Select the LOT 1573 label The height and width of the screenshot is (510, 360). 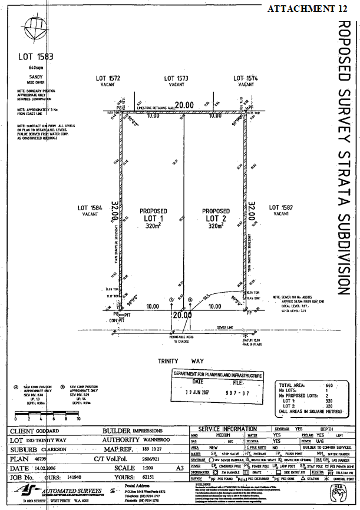176,78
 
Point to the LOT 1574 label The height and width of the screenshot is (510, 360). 246,78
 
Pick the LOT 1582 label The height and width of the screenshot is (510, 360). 281,207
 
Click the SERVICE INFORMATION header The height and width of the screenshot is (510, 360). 228,429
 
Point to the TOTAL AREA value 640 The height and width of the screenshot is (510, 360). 330,385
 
